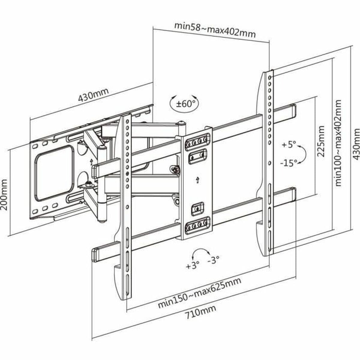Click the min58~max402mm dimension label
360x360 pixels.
click(x=215, y=29)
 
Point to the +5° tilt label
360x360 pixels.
click(x=289, y=145)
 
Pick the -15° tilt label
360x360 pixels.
click(x=289, y=163)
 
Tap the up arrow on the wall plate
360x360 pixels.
click(x=91, y=162)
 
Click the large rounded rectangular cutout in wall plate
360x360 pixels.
click(x=54, y=173)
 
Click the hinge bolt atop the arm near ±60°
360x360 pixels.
click(x=181, y=123)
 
